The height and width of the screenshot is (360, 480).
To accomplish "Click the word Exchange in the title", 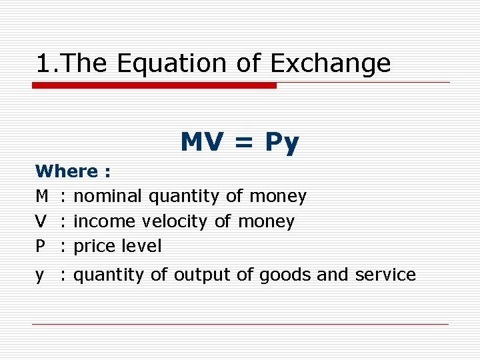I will pos(330,63).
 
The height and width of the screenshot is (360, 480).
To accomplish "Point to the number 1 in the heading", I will pos(43,63).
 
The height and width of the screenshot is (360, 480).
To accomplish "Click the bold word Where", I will pos(67,171).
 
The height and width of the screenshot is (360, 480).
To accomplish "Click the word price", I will pos(94,246).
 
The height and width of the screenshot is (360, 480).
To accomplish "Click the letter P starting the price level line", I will pos(41,246).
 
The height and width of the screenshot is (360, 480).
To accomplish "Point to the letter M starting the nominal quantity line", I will pos(42,196).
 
